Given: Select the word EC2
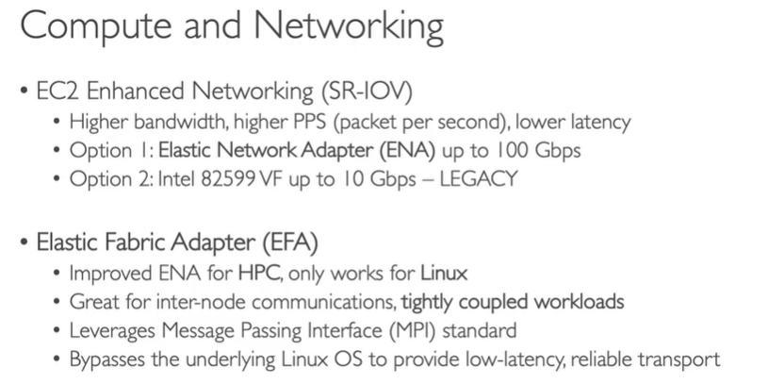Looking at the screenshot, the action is [x=55, y=93].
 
